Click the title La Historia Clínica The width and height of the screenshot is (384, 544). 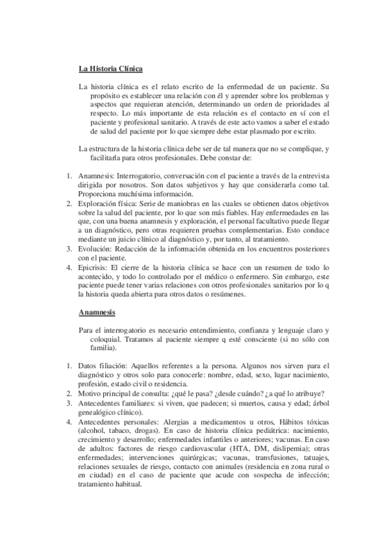click(x=110, y=68)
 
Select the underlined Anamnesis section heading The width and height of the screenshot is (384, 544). click(x=97, y=312)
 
